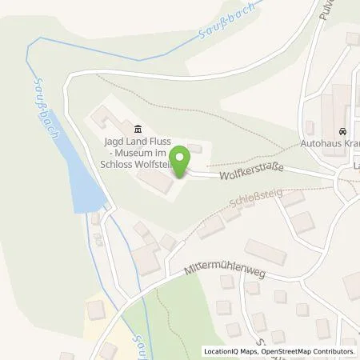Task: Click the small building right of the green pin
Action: coord(194,150)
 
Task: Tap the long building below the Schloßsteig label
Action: coord(265,252)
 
